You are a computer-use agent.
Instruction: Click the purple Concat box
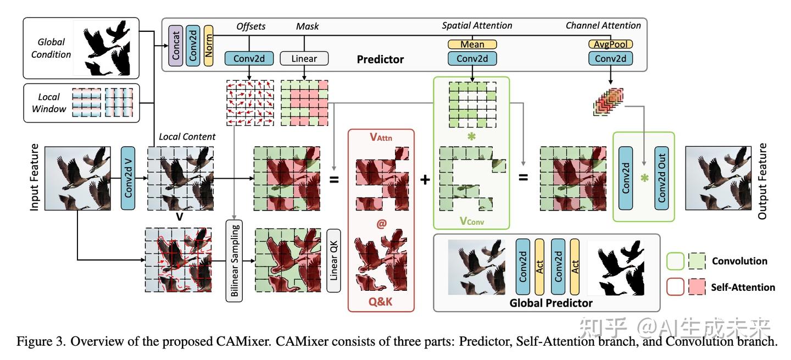click(x=176, y=46)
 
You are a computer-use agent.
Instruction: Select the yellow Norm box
click(x=208, y=46)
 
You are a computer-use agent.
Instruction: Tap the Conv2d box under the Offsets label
click(x=249, y=58)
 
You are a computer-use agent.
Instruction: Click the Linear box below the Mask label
click(x=304, y=58)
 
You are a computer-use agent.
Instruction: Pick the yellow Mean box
click(x=472, y=44)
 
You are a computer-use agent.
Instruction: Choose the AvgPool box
click(x=611, y=44)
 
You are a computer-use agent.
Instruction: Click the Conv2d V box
click(x=128, y=178)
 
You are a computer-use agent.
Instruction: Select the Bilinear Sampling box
click(x=233, y=261)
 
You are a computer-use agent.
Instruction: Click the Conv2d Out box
click(x=662, y=178)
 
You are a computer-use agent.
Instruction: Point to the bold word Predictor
click(x=380, y=59)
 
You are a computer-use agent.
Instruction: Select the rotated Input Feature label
click(x=35, y=178)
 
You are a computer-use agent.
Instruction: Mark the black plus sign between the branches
click(x=425, y=179)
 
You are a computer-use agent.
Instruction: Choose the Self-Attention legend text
click(x=743, y=287)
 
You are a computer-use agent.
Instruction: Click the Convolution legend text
click(x=739, y=261)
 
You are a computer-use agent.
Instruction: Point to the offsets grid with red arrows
click(x=250, y=102)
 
